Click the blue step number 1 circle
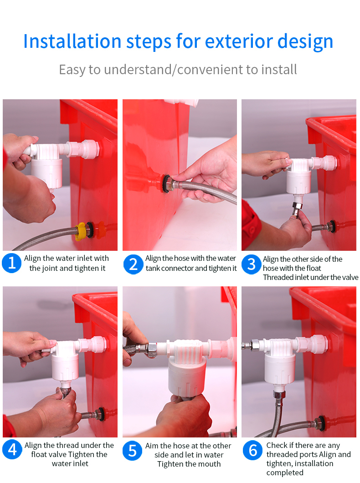(x=12, y=264)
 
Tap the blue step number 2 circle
(x=133, y=264)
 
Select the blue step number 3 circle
(x=251, y=264)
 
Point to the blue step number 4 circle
(x=12, y=450)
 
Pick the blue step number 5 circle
(x=132, y=450)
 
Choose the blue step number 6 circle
(x=252, y=450)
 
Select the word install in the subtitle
(x=279, y=70)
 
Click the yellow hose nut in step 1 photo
(x=81, y=230)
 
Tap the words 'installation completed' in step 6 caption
(x=296, y=468)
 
